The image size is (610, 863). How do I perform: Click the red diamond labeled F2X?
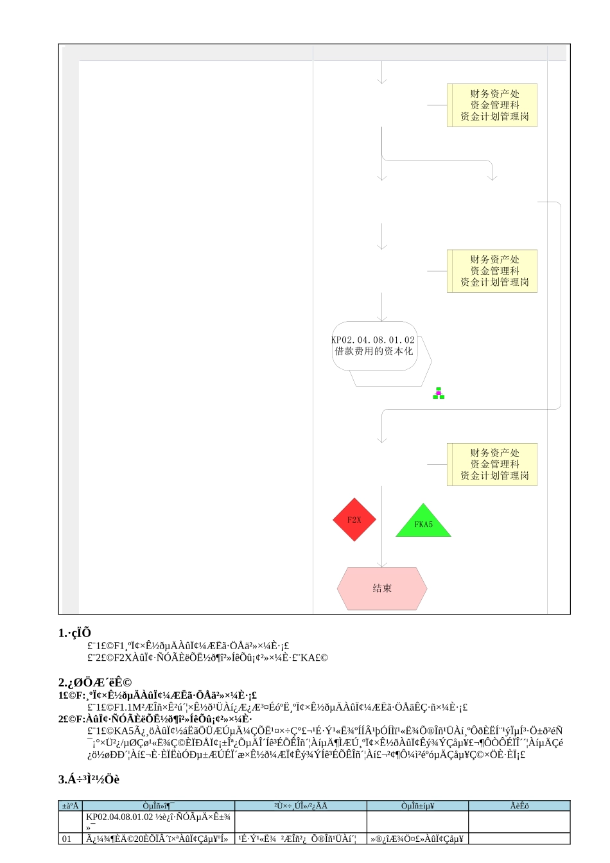click(x=354, y=519)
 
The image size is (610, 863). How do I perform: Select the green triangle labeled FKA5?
click(x=423, y=523)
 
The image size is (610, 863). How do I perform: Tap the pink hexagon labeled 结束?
click(x=382, y=588)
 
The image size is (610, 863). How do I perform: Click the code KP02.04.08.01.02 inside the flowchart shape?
click(x=373, y=340)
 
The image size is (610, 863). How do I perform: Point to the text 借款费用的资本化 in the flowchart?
click(x=374, y=351)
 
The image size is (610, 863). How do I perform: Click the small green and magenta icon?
click(x=439, y=393)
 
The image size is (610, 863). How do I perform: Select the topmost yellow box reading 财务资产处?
click(x=492, y=105)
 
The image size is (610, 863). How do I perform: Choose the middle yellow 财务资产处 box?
click(x=492, y=271)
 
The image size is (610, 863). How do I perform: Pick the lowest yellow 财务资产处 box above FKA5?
click(x=492, y=464)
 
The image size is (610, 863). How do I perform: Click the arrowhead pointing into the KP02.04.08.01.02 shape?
click(x=382, y=318)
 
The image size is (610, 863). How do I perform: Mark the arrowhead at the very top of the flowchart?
click(x=382, y=80)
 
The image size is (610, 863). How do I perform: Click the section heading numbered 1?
click(x=74, y=633)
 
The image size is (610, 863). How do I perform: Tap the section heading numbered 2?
click(x=94, y=683)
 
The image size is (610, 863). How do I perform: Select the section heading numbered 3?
click(x=89, y=780)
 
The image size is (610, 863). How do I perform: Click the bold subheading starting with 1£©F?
click(x=157, y=695)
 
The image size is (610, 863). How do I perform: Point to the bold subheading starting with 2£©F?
click(x=155, y=719)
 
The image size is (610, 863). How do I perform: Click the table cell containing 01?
click(x=67, y=839)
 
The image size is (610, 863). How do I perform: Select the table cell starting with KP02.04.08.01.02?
click(x=159, y=821)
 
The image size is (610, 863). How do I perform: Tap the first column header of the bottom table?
click(x=71, y=806)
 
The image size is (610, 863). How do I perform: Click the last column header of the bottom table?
click(x=519, y=806)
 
